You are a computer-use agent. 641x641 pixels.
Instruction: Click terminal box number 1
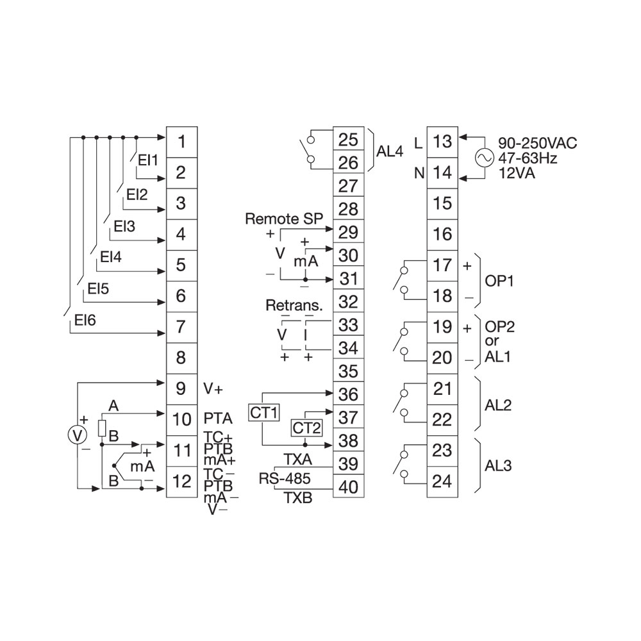[x=182, y=142]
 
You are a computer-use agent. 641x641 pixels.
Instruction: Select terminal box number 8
[x=182, y=358]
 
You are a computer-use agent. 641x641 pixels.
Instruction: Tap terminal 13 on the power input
[x=442, y=142]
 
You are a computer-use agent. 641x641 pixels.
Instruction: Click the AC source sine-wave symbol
[x=485, y=158]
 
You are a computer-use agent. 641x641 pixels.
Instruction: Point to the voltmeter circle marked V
[x=78, y=435]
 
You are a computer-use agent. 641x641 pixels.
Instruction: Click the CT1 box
[x=263, y=412]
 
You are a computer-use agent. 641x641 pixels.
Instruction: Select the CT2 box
[x=306, y=428]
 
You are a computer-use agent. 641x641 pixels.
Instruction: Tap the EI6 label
[x=85, y=320]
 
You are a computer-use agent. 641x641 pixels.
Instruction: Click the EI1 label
[x=147, y=160]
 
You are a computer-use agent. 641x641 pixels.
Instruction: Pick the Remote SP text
[x=284, y=219]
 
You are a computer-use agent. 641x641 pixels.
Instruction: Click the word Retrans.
[x=294, y=305]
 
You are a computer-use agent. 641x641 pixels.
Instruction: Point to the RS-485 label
[x=285, y=478]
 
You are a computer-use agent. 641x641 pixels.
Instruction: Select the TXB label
[x=298, y=498]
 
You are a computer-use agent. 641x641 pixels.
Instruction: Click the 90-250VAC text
[x=538, y=143]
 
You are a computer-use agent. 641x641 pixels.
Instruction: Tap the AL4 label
[x=390, y=152]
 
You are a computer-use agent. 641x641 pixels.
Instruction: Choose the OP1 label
[x=499, y=281]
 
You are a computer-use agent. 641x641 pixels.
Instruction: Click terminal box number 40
[x=348, y=486]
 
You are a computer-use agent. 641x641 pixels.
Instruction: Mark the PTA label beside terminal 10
[x=218, y=419]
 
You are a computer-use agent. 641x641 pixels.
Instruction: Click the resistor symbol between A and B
[x=102, y=428]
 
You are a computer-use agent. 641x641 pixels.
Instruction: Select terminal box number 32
[x=348, y=301]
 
